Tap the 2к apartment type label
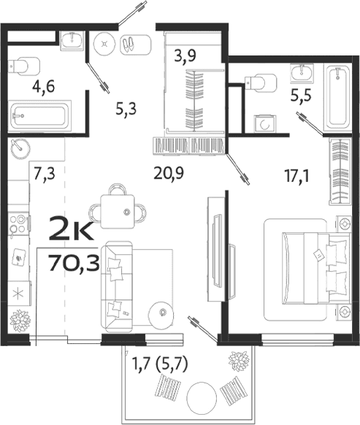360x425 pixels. tap(70, 233)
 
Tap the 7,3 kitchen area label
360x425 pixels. tap(45, 173)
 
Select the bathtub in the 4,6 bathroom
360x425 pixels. tap(39, 115)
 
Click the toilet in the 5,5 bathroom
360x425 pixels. tap(256, 81)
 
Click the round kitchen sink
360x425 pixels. tap(20, 147)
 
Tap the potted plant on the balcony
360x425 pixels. tap(237, 361)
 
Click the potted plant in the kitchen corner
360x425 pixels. tap(20, 319)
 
